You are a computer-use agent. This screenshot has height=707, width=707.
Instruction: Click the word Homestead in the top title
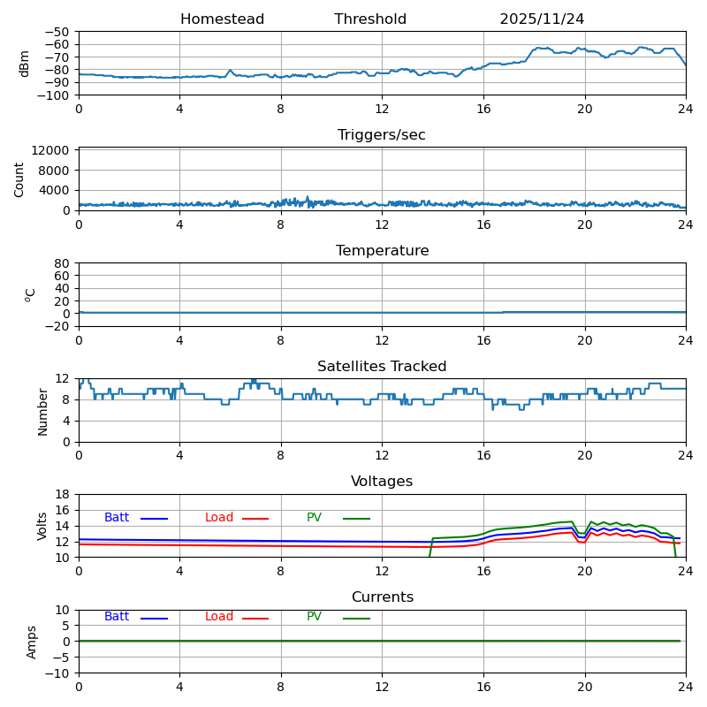click(x=222, y=19)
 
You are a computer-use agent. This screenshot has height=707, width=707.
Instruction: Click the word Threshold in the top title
click(x=370, y=19)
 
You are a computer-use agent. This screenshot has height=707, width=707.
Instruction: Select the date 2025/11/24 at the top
click(x=542, y=19)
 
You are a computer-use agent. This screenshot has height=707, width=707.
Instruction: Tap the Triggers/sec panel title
click(x=382, y=135)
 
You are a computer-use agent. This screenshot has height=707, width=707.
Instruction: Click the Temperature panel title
click(x=382, y=251)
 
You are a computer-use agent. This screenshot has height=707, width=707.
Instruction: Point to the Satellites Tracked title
click(x=382, y=367)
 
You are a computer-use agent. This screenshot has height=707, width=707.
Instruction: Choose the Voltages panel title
click(x=382, y=482)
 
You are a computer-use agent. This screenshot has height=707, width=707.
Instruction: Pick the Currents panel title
click(x=382, y=597)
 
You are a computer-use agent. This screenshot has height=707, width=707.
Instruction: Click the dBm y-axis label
click(x=25, y=63)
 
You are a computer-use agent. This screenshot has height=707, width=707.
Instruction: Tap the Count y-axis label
click(x=19, y=179)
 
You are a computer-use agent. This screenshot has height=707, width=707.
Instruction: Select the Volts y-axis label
click(x=42, y=526)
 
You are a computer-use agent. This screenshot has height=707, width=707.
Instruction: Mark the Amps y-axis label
click(x=32, y=642)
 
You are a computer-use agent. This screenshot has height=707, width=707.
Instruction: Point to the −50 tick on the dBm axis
click(x=57, y=32)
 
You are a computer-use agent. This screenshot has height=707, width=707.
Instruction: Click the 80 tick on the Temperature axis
click(x=63, y=263)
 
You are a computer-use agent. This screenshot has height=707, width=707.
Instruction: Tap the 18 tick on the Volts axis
click(x=63, y=494)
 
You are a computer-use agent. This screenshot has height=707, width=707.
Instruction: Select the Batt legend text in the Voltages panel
click(x=117, y=518)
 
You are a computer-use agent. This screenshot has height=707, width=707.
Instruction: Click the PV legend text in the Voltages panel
click(x=315, y=518)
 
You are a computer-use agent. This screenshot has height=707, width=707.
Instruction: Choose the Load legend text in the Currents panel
click(x=219, y=617)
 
